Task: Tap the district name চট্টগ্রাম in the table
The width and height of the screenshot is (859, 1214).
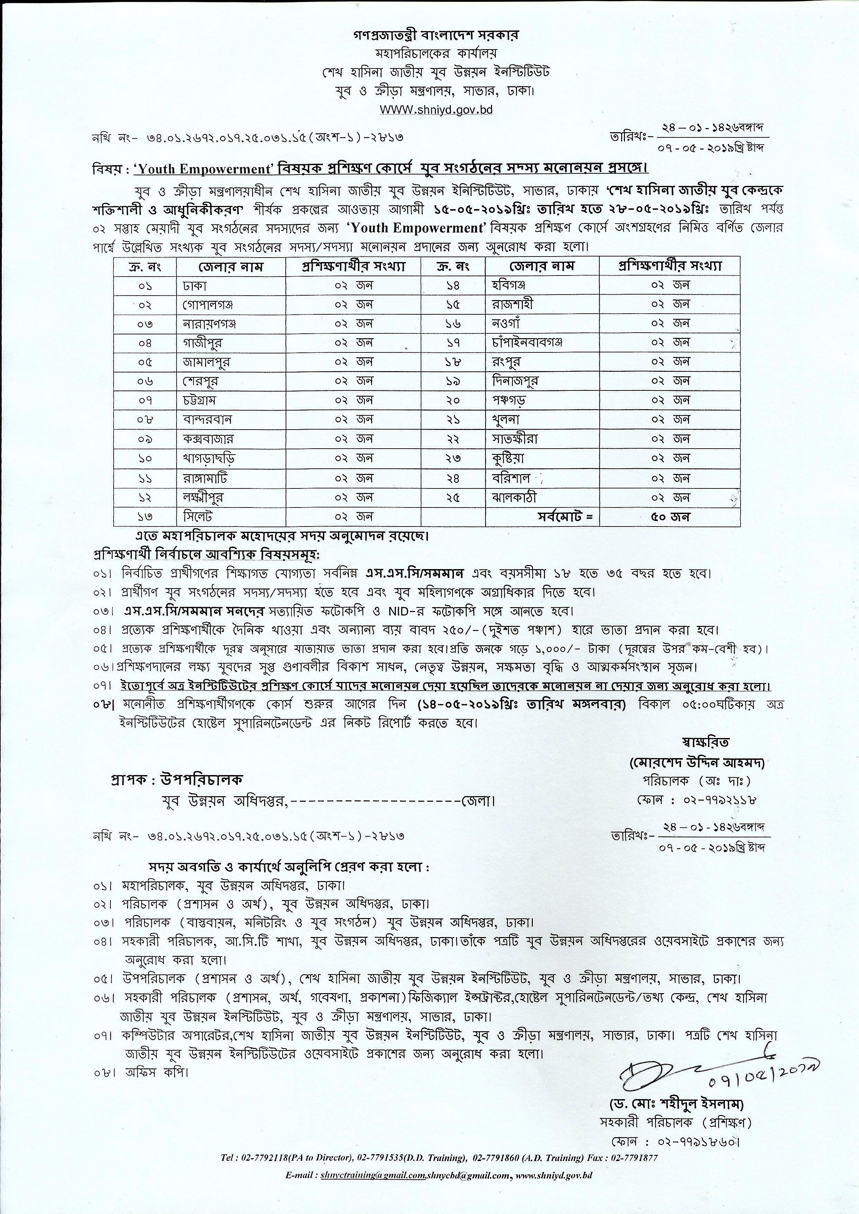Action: point(197,400)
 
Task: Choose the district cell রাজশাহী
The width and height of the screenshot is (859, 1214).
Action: point(512,305)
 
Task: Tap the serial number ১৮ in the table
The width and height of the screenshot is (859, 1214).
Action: point(453,362)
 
